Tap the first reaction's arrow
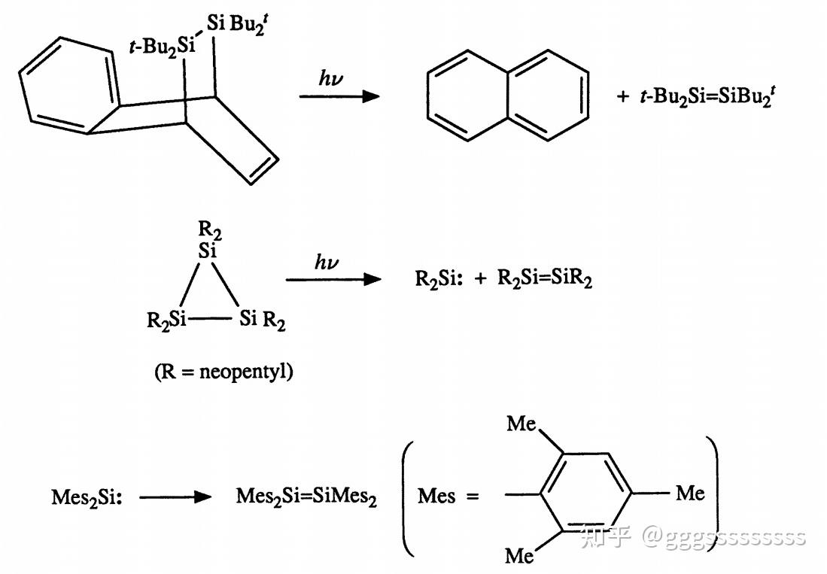pyautogui.click(x=339, y=96)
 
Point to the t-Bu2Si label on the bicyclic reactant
pyautogui.click(x=162, y=47)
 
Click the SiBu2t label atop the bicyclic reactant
pyautogui.click(x=233, y=25)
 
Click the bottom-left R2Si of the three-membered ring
pyautogui.click(x=166, y=320)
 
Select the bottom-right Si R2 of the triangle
pyautogui.click(x=263, y=320)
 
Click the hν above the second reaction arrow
pyautogui.click(x=327, y=262)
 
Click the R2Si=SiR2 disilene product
pyautogui.click(x=545, y=279)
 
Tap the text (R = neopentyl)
pyautogui.click(x=223, y=372)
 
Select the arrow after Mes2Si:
pyautogui.click(x=172, y=497)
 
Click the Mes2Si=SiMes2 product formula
pyautogui.click(x=306, y=497)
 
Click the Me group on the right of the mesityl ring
pyautogui.click(x=689, y=494)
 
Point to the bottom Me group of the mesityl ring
pyautogui.click(x=519, y=556)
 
